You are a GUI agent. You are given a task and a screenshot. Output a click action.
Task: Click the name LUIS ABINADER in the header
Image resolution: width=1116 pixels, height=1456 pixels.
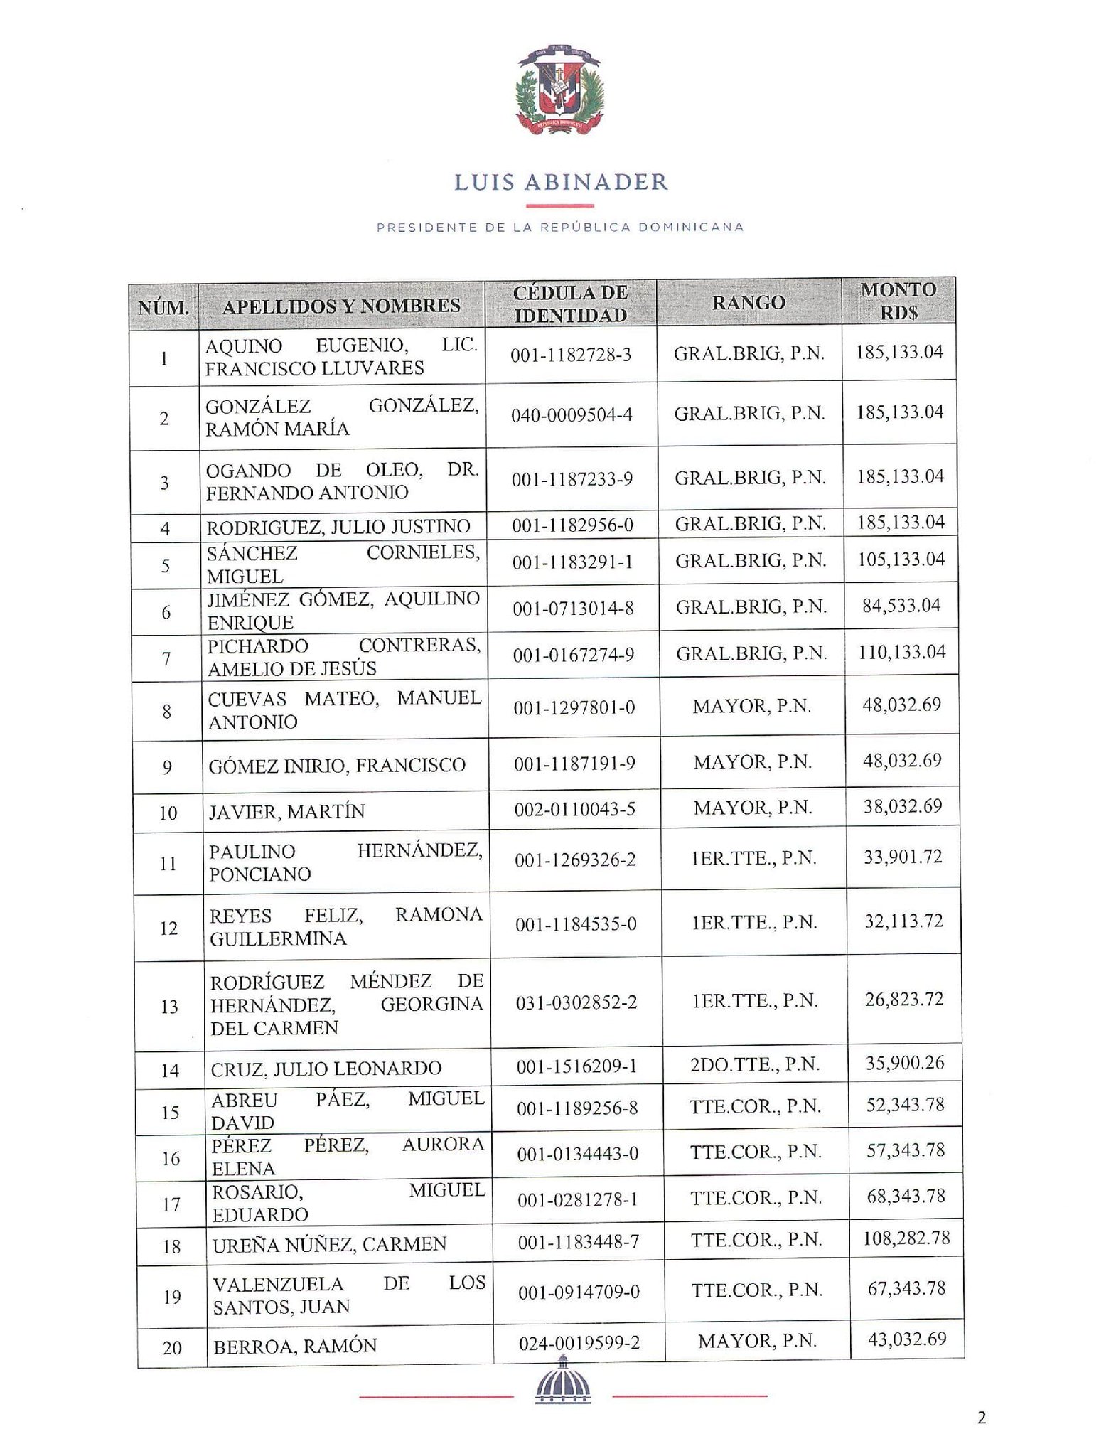coord(561,183)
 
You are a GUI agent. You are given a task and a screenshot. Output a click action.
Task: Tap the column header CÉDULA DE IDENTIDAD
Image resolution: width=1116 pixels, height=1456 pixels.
coord(570,304)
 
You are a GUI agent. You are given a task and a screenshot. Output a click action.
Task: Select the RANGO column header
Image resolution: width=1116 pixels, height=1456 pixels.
coord(749,303)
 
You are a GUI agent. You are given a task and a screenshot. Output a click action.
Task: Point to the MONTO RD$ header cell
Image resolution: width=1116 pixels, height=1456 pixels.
coord(898,301)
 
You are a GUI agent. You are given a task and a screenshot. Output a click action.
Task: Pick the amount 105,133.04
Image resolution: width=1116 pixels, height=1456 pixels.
coord(901,560)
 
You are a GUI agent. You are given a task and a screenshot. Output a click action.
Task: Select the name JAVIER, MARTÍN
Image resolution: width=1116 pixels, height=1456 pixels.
coord(286,812)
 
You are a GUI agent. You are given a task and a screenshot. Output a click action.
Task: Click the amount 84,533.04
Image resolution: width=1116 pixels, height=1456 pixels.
coord(901,606)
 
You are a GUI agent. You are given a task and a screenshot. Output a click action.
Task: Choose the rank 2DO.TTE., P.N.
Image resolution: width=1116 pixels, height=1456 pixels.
coord(755,1064)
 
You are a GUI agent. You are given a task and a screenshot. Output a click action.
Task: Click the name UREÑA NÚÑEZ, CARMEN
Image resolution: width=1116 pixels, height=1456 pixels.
coord(330,1244)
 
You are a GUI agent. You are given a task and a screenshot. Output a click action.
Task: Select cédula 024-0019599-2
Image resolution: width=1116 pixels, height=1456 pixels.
coord(579,1342)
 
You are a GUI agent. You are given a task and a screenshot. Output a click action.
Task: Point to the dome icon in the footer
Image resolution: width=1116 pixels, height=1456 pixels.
coord(562,1400)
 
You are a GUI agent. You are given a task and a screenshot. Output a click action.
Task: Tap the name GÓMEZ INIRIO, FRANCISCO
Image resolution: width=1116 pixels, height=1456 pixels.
coord(337,766)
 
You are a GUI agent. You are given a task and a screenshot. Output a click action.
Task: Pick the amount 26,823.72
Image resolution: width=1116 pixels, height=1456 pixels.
coord(904,1000)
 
